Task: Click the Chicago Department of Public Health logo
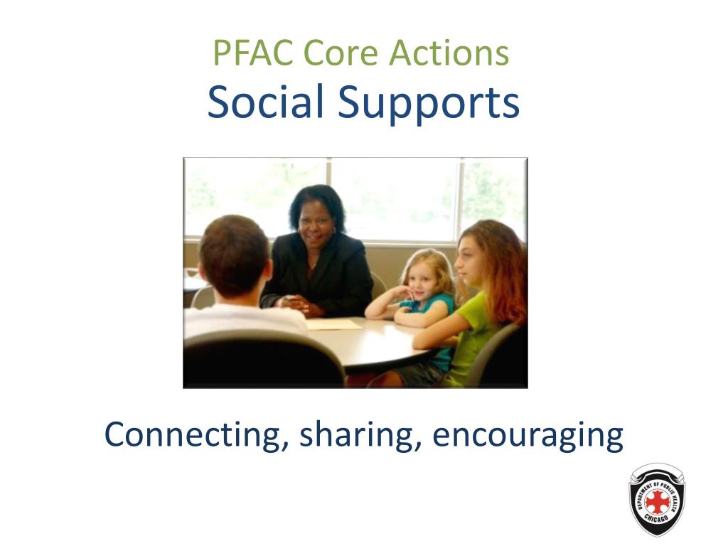(x=657, y=499)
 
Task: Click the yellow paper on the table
(x=333, y=324)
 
